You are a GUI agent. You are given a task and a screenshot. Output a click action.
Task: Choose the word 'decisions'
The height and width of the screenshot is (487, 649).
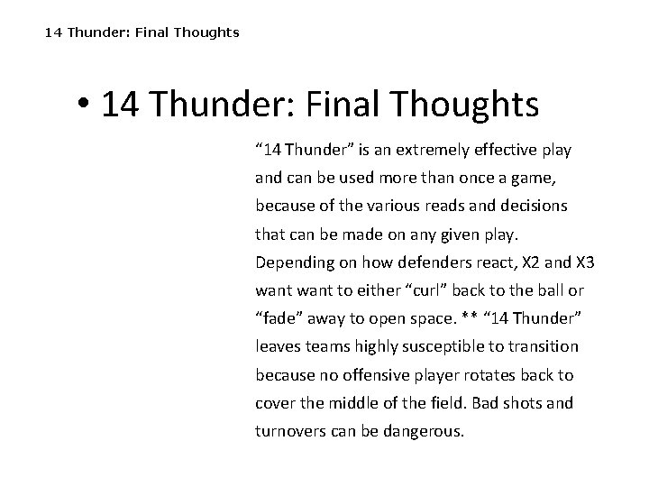[532, 205]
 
